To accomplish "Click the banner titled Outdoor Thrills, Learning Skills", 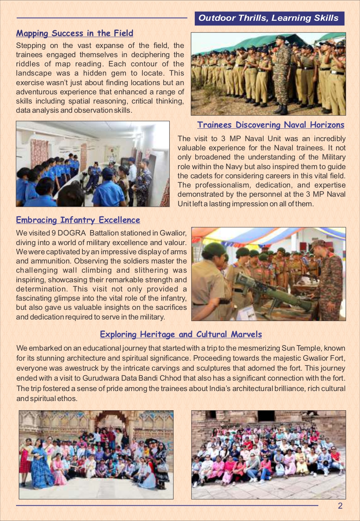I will (269, 18).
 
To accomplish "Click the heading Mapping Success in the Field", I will (74, 33).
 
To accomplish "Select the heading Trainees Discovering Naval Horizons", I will (270, 125).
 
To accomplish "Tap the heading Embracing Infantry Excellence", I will (78, 220).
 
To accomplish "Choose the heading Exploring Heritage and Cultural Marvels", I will (181, 334).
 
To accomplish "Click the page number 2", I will (340, 506).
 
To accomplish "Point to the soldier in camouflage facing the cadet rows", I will (283, 72).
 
